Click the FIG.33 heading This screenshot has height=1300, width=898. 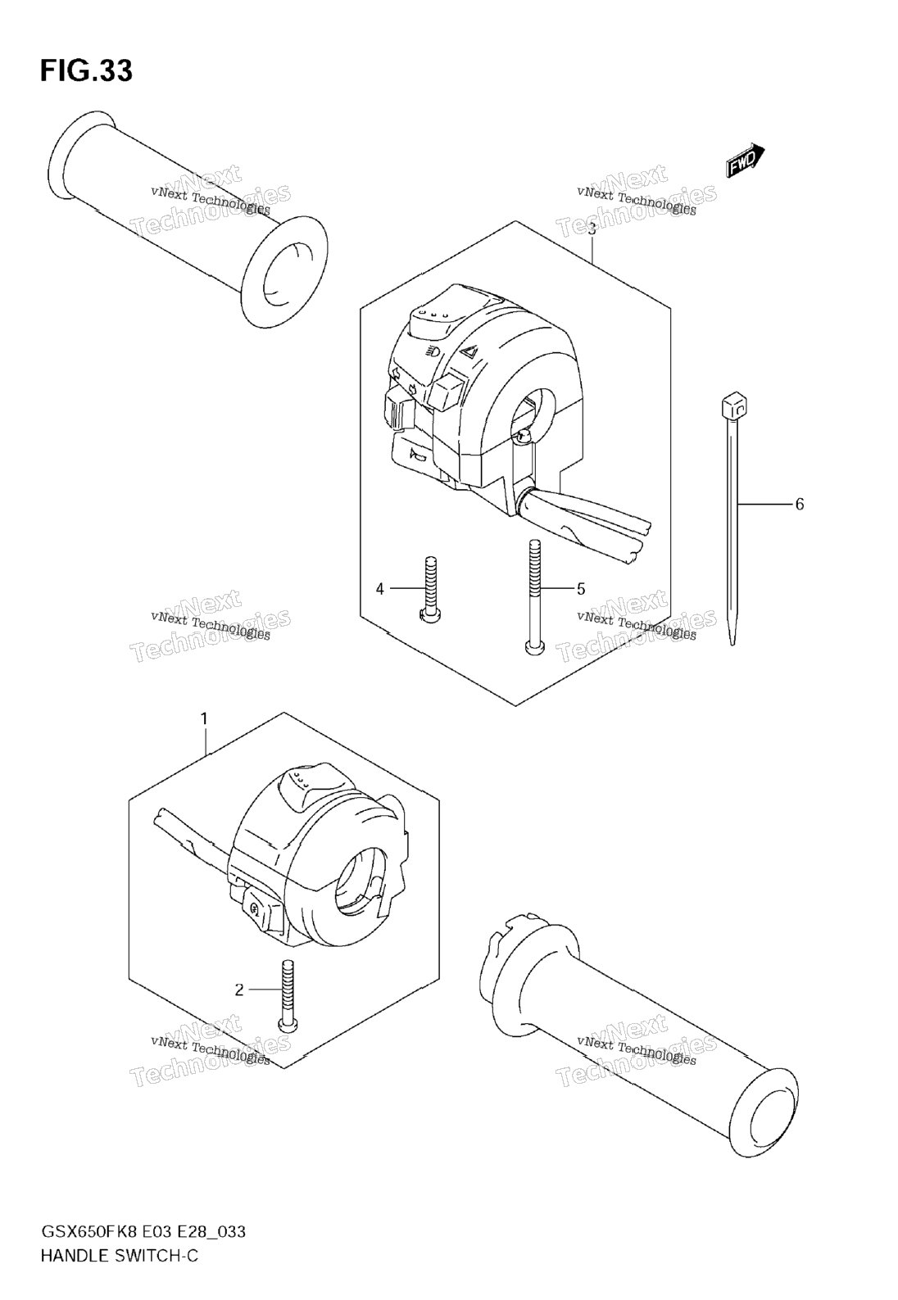[x=87, y=71]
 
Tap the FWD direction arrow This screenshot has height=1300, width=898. [x=745, y=160]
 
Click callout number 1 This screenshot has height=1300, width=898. [x=204, y=720]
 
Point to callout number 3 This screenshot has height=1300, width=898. [x=592, y=229]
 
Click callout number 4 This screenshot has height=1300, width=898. [x=379, y=589]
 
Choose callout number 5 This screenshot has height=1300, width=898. [x=580, y=589]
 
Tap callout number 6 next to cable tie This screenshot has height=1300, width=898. [x=800, y=505]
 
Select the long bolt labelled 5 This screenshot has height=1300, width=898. [x=534, y=597]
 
